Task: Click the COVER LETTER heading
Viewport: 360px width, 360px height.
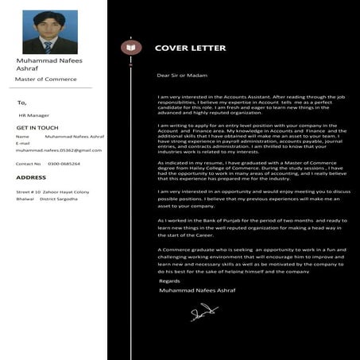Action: (190, 48)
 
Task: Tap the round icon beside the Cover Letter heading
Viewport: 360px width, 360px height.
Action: (128, 48)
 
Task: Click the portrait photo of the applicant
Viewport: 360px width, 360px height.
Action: (50, 32)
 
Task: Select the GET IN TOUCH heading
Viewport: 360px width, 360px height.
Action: (37, 127)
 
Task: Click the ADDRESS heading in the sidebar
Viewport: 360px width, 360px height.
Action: (31, 177)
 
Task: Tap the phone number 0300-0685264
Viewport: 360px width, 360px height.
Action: (64, 164)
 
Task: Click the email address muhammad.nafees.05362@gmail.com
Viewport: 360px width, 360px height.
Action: (60, 149)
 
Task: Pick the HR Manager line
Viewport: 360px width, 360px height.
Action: (34, 115)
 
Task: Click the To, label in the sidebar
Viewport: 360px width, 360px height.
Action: (22, 103)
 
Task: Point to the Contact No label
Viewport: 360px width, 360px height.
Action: (28, 164)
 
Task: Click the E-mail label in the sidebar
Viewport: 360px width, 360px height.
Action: (25, 143)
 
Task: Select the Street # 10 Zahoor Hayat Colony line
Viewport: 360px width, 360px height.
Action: (52, 192)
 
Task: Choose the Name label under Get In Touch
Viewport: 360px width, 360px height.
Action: (22, 136)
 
